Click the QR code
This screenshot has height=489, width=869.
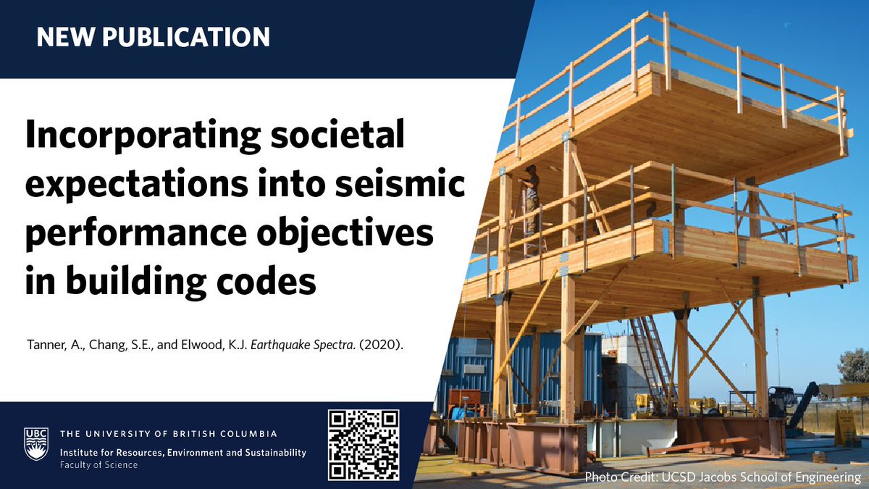click(x=364, y=445)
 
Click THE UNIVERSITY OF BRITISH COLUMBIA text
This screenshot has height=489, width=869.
click(x=168, y=434)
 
